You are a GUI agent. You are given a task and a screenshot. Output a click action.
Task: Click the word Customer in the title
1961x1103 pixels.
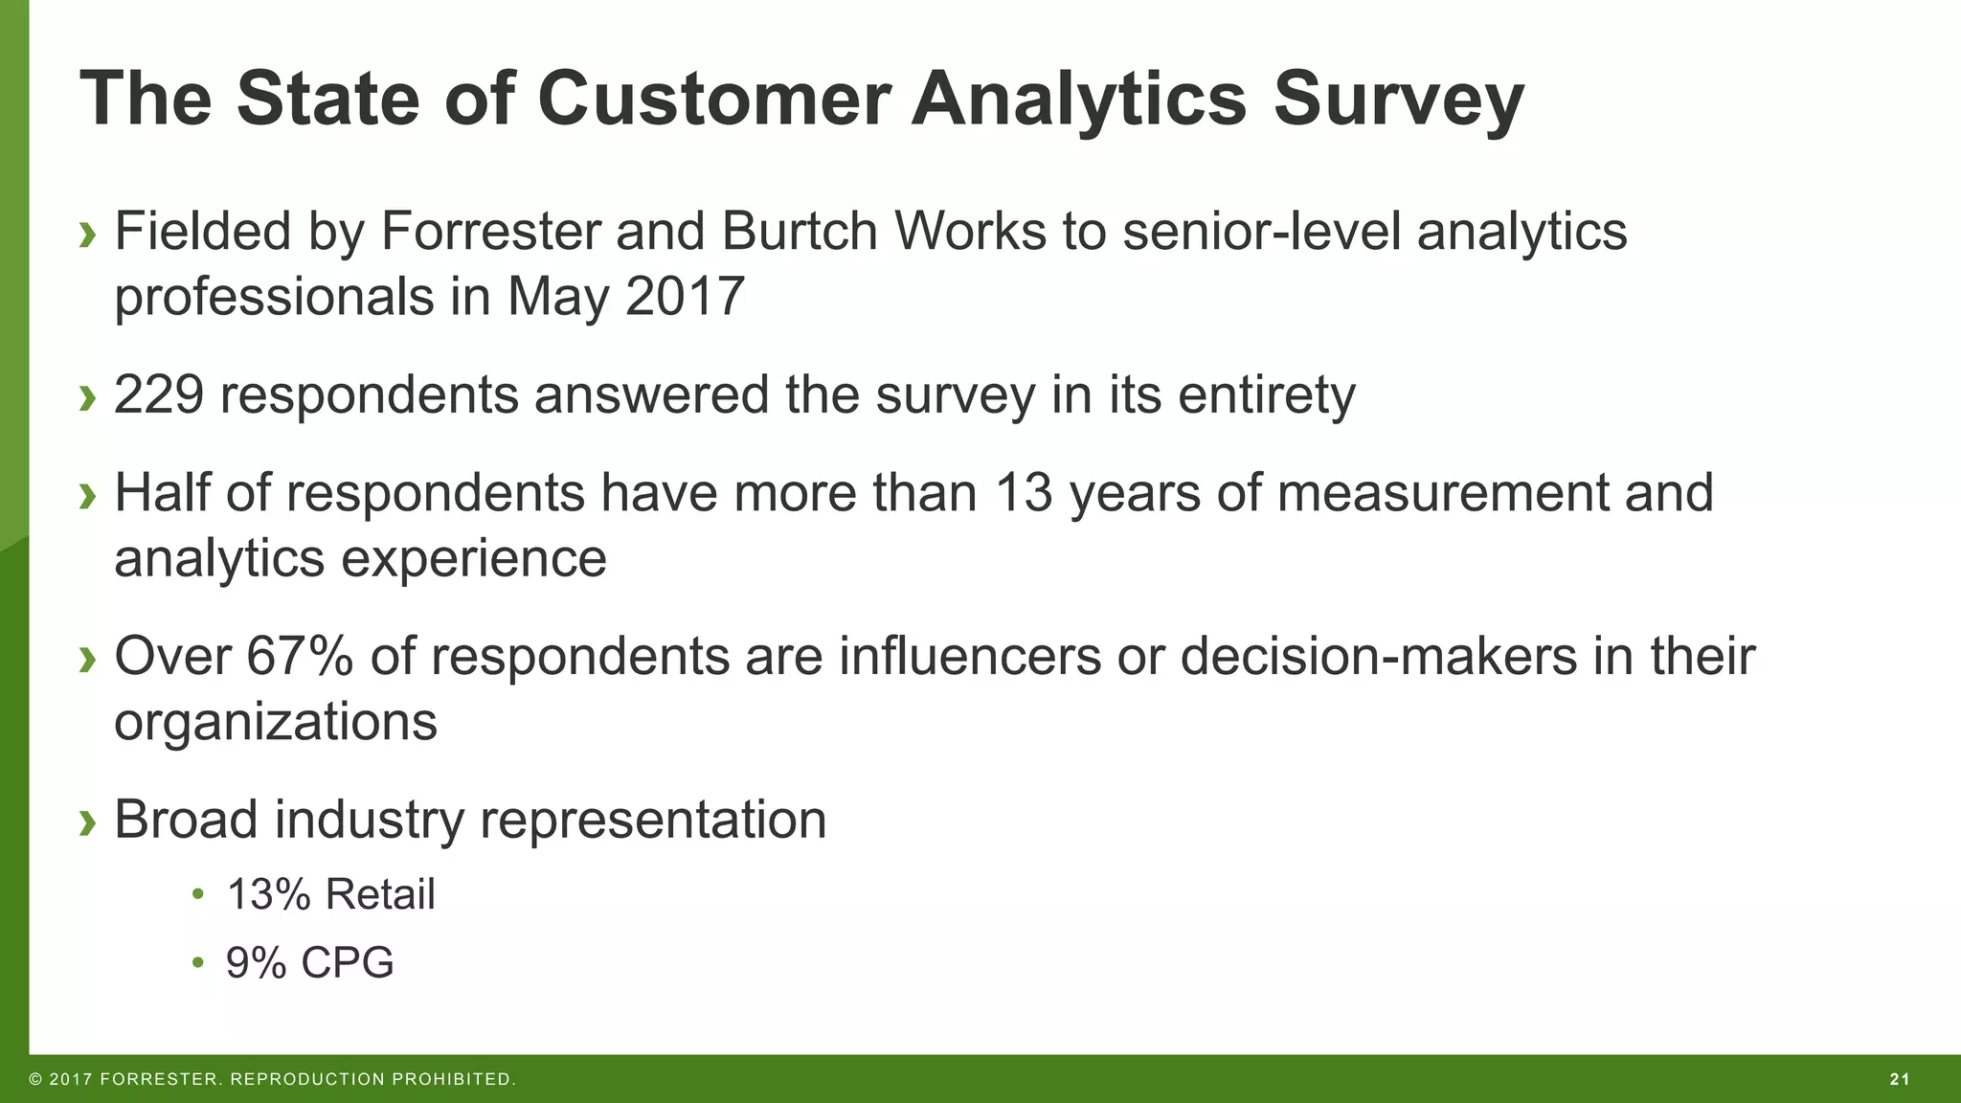click(x=713, y=99)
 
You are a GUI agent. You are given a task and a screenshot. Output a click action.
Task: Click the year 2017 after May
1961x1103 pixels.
click(x=685, y=297)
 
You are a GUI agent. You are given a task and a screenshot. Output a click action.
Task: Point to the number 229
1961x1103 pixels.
click(x=158, y=394)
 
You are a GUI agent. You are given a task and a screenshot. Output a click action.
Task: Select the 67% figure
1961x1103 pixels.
click(x=300, y=657)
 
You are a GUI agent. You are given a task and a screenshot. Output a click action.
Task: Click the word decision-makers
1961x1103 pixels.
click(x=1378, y=657)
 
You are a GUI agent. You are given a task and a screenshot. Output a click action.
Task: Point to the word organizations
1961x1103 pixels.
click(x=276, y=723)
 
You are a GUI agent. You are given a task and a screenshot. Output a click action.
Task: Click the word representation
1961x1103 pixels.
click(x=652, y=821)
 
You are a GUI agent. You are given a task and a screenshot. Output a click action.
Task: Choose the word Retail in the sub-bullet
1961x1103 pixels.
click(x=380, y=894)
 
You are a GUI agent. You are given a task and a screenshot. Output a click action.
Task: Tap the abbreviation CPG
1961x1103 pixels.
click(x=348, y=962)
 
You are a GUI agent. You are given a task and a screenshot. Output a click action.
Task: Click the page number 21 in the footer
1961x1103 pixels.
click(x=1900, y=1080)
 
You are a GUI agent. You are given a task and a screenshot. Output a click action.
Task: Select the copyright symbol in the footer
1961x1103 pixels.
click(x=35, y=1080)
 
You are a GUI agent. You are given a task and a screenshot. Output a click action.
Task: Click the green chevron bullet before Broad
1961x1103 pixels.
click(x=88, y=822)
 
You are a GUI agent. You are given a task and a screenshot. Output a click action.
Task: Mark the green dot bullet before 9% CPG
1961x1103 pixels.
click(x=198, y=961)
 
